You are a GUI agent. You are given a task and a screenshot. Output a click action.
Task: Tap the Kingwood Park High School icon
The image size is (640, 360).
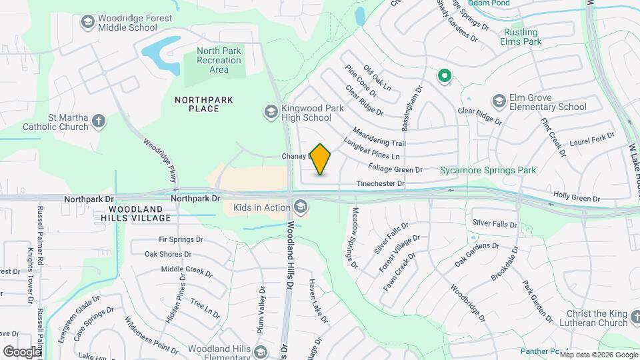pyautogui.click(x=271, y=111)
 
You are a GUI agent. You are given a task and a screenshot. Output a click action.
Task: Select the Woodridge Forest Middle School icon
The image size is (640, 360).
pyautogui.click(x=87, y=23)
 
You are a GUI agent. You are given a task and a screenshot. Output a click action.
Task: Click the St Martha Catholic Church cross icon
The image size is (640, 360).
pyautogui.click(x=99, y=121)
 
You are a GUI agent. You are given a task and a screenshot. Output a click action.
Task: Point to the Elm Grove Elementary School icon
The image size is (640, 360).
pyautogui.click(x=499, y=101)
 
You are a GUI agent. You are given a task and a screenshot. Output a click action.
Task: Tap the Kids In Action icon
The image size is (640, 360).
pyautogui.click(x=301, y=207)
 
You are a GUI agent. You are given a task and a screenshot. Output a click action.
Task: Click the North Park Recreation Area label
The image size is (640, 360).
pyautogui.click(x=219, y=60)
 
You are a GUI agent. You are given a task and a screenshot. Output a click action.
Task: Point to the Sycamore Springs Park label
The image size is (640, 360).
pyautogui.click(x=488, y=171)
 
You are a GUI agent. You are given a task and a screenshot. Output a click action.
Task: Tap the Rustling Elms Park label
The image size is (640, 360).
pyautogui.click(x=521, y=36)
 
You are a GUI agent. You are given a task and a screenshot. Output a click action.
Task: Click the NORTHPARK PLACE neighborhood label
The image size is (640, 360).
pyautogui.click(x=204, y=104)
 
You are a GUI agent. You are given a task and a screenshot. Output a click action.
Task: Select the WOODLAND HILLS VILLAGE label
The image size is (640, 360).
pyautogui.click(x=137, y=213)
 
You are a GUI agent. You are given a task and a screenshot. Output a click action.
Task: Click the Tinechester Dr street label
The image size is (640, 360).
pyautogui.click(x=380, y=183)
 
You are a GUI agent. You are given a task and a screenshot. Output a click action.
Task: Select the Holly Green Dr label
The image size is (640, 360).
pyautogui.click(x=577, y=199)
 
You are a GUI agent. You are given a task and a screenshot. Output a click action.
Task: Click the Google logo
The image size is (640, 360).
pyautogui.click(x=22, y=351)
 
